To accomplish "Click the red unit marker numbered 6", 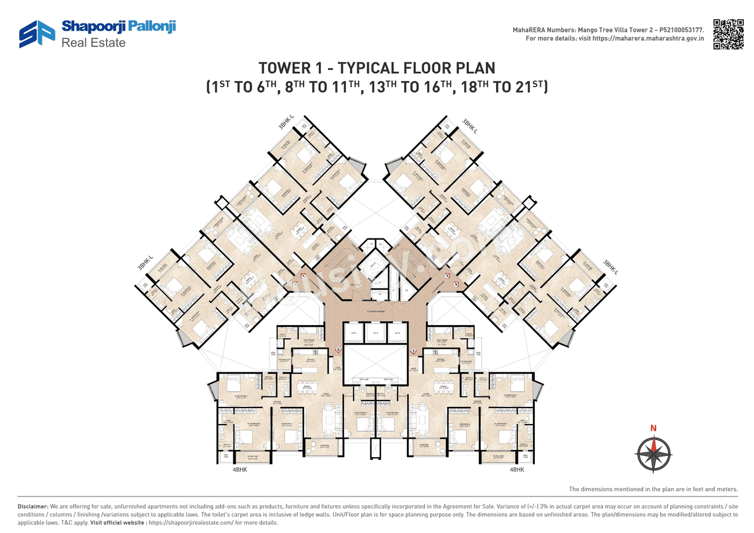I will click(x=339, y=349).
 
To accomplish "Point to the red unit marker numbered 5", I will click(x=414, y=351).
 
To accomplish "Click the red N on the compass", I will click(x=653, y=428).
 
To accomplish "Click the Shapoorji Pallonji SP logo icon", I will click(x=37, y=34).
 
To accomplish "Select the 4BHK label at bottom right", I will click(x=517, y=469).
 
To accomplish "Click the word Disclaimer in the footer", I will click(x=32, y=506).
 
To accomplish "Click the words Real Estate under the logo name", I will click(x=94, y=42).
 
